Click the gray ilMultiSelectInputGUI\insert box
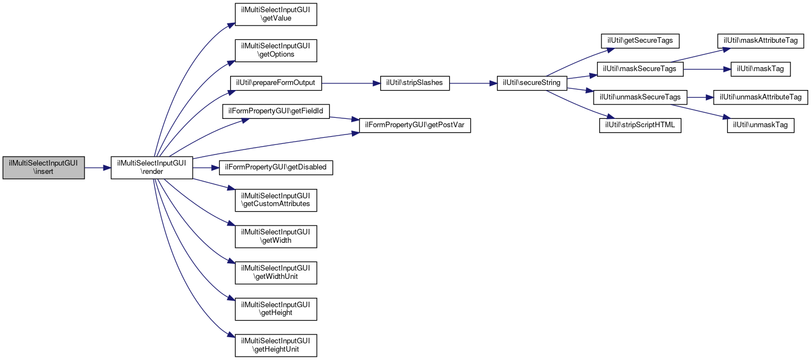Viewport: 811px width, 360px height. click(x=43, y=168)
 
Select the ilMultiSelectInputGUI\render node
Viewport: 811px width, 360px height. click(x=152, y=168)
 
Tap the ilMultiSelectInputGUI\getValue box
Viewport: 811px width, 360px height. click(x=276, y=14)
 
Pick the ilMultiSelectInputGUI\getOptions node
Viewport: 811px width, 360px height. click(x=276, y=51)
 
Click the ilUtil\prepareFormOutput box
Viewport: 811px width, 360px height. click(x=276, y=83)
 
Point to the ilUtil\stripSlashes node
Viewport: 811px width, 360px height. click(x=415, y=83)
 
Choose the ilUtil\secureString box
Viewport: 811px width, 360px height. click(x=532, y=83)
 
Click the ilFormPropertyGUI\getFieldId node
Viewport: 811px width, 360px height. click(x=276, y=111)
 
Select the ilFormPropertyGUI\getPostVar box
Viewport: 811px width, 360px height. click(x=415, y=125)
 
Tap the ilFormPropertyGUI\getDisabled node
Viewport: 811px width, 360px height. click(x=276, y=168)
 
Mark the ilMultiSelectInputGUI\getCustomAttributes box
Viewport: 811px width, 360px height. click(x=276, y=200)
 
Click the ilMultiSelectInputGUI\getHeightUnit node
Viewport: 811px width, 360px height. click(x=276, y=346)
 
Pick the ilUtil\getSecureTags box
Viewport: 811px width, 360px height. click(x=640, y=41)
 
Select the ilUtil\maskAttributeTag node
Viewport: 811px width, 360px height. click(x=760, y=41)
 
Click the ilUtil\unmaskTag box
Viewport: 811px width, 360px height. click(x=760, y=125)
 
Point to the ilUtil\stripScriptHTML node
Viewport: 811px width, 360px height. click(x=640, y=125)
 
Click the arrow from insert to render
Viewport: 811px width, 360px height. click(x=98, y=168)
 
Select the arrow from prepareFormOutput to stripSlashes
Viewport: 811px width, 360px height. click(x=351, y=83)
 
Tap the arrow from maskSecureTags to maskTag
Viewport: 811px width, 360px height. click(x=707, y=69)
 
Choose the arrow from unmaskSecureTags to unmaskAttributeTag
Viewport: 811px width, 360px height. click(x=700, y=97)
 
